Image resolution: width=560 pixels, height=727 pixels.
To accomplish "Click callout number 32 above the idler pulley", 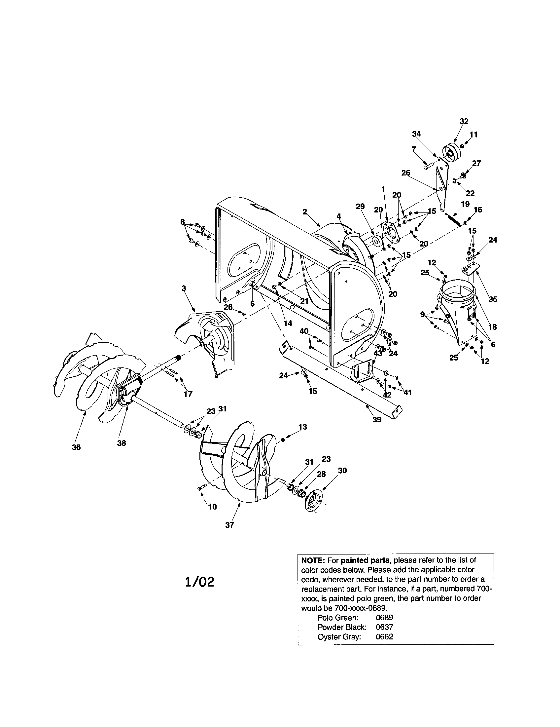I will point(464,122).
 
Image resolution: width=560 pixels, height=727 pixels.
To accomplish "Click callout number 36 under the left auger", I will point(76,447).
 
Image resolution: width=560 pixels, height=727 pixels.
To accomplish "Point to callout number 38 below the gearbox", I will point(122,443).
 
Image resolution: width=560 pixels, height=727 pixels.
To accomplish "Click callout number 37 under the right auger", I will point(229,525).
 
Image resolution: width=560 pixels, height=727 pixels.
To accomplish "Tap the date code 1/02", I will point(199,582).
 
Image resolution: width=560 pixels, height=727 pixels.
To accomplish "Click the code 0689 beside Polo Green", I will point(384,617).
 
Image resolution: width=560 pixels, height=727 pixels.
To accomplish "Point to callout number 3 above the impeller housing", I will point(184,288).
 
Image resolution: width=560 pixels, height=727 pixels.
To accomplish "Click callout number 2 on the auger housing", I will point(305,212).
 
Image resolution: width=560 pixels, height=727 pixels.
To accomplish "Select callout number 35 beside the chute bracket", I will point(493,299).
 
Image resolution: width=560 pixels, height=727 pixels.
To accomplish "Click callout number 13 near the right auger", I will point(302,427).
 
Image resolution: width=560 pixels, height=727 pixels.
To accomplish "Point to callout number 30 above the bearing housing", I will point(342,470).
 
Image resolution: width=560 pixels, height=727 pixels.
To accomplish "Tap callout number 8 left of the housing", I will point(182,221).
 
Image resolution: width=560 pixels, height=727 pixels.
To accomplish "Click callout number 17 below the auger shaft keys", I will point(188,394).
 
